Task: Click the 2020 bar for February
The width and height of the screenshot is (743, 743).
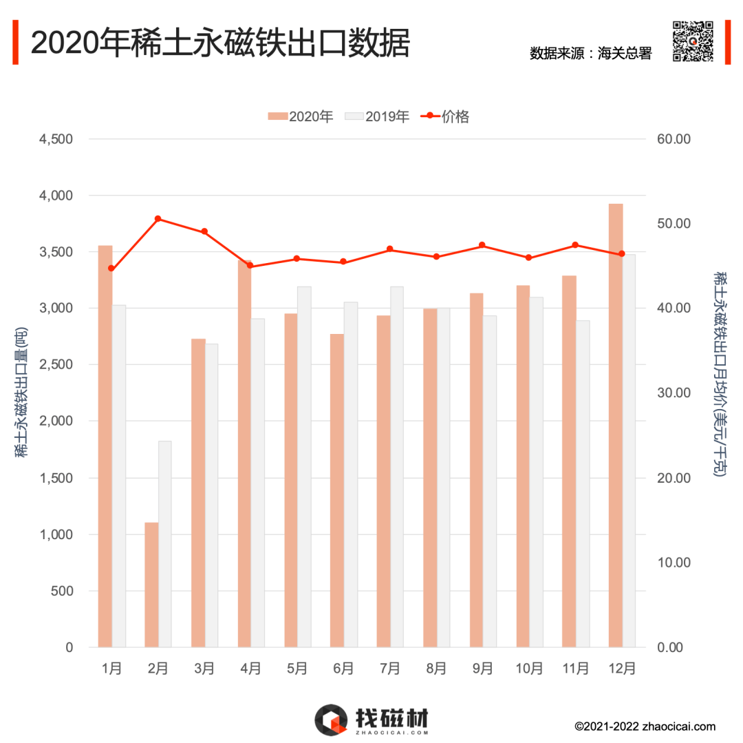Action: coord(151,585)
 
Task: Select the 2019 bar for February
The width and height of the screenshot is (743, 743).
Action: coord(165,544)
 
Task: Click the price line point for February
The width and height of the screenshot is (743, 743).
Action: coord(158,219)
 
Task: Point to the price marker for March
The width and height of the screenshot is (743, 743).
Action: coord(204,232)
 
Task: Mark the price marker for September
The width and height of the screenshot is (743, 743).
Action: coord(482,245)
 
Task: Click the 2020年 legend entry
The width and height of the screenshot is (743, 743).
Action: coord(301,116)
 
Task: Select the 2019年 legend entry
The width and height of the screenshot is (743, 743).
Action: coord(378,116)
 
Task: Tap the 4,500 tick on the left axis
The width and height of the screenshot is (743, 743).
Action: coord(56,139)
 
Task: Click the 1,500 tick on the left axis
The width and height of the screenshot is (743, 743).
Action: coord(56,478)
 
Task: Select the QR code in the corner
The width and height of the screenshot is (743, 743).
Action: coord(692,41)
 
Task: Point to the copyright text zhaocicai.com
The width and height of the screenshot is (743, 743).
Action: coord(645,726)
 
